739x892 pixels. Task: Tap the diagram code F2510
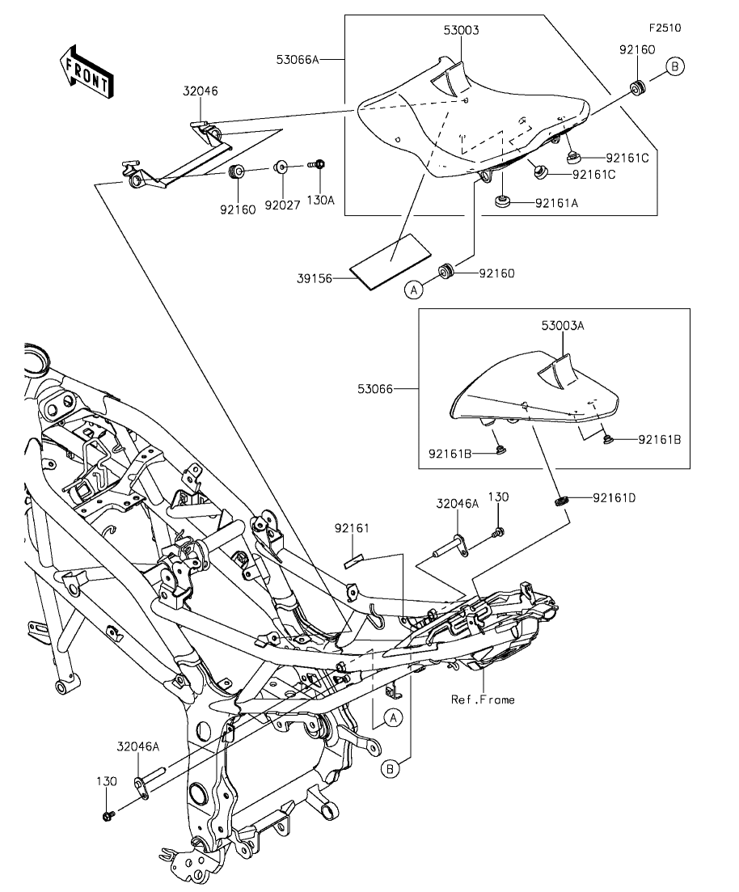pos(665,27)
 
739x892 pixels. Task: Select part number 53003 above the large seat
pos(462,30)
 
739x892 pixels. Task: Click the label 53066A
pos(298,59)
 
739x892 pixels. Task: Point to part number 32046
pos(201,91)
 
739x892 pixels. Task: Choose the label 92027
pos(282,205)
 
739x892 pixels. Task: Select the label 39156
pos(314,279)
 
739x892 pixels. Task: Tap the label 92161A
pos(556,203)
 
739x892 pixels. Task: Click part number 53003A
pos(563,326)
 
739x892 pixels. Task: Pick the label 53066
pos(375,389)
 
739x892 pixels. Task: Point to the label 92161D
pos(614,498)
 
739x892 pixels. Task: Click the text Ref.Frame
pos(483,700)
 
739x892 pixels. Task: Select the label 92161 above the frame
pos(352,528)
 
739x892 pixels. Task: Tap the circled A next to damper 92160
pos(414,290)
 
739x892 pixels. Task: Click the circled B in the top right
pos(674,66)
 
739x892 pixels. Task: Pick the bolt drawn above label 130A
pos(317,164)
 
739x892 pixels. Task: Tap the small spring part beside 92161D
pos(562,501)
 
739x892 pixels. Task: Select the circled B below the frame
pos(391,770)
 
